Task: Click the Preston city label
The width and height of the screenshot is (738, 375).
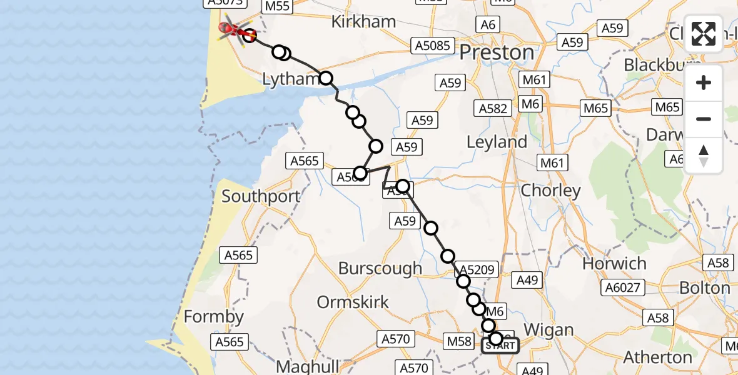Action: [498, 52]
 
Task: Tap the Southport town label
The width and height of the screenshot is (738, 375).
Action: [261, 196]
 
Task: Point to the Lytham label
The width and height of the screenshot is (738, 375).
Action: [290, 79]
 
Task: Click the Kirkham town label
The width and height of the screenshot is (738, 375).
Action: [363, 22]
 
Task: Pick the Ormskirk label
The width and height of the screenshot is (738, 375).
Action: [353, 302]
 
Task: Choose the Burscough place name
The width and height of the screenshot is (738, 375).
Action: [380, 269]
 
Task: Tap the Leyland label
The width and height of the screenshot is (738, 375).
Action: [497, 142]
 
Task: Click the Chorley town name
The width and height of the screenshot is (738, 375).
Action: [551, 191]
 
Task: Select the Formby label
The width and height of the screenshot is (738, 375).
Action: [213, 317]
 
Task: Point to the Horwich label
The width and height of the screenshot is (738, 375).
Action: [614, 264]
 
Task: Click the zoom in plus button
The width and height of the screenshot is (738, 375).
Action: [704, 83]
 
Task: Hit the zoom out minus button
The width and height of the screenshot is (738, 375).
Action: [704, 119]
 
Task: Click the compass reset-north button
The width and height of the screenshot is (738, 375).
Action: [704, 155]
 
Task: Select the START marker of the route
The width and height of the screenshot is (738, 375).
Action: [500, 346]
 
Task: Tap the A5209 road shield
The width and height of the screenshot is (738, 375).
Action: [478, 271]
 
